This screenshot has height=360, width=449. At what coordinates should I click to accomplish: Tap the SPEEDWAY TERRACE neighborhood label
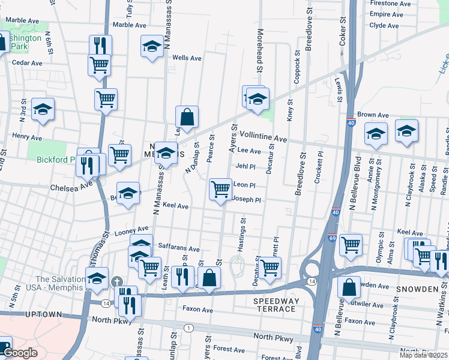pyautogui.click(x=274, y=305)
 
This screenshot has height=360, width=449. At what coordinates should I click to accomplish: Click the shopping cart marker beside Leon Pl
pyautogui.click(x=221, y=189)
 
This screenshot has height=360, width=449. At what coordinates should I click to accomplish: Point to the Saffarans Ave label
pyautogui.click(x=178, y=248)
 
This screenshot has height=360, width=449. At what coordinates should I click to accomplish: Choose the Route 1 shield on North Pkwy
pyautogui.click(x=189, y=328)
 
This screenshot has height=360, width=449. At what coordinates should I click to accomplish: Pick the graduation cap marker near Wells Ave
pyautogui.click(x=152, y=46)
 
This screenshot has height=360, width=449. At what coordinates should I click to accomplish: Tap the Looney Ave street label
pyautogui.click(x=131, y=229)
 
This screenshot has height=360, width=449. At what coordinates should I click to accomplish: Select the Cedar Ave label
pyautogui.click(x=27, y=62)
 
